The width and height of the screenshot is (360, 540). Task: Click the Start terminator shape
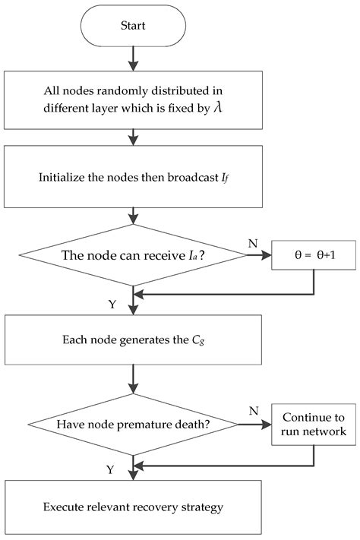[x=133, y=25]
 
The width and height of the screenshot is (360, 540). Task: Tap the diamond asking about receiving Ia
[x=133, y=256]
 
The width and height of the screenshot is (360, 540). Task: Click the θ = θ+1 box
[x=314, y=256]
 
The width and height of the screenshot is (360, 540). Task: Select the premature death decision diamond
[x=133, y=425]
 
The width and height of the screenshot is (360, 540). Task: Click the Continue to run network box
[x=314, y=425]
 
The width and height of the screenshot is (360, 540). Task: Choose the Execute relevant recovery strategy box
[x=133, y=504]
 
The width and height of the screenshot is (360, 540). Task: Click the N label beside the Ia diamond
[x=253, y=243]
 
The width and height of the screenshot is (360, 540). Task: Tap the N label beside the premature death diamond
[x=253, y=409]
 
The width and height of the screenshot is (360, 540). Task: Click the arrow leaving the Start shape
[x=133, y=57]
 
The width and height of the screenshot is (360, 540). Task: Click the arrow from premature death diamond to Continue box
[x=254, y=425]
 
